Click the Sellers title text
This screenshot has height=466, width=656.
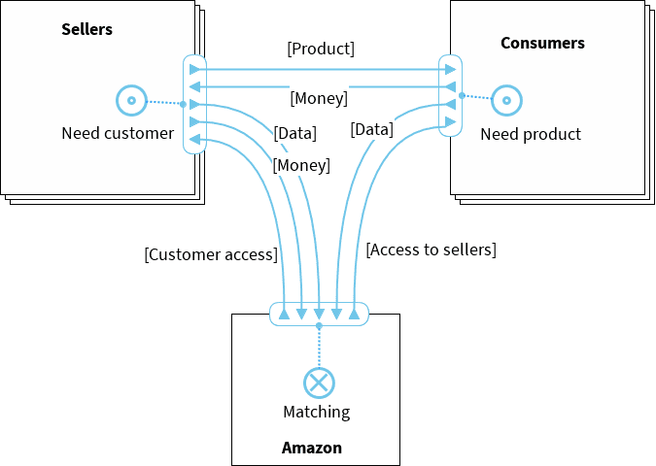coord(87,29)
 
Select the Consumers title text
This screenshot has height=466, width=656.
coord(542,43)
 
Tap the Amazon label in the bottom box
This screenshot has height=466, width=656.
coord(312,448)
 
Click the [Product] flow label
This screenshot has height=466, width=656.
coord(321,49)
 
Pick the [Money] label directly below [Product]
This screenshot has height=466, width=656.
coord(319,97)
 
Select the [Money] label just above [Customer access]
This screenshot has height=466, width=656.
coord(301,165)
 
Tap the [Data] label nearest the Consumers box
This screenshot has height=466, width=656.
coord(371,128)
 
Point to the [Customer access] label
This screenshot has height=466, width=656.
coord(211,254)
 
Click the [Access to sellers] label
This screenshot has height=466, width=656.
coord(432,250)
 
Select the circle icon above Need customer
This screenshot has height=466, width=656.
coord(129,99)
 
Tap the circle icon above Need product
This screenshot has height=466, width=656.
coord(506,100)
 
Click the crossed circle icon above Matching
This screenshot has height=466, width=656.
coord(319,383)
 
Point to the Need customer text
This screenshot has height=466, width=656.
coord(118,133)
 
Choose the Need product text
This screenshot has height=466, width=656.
coord(531,134)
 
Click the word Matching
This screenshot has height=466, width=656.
coord(316,412)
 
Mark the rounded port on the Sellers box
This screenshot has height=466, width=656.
coord(194,104)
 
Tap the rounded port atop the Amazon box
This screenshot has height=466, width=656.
coord(319,314)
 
